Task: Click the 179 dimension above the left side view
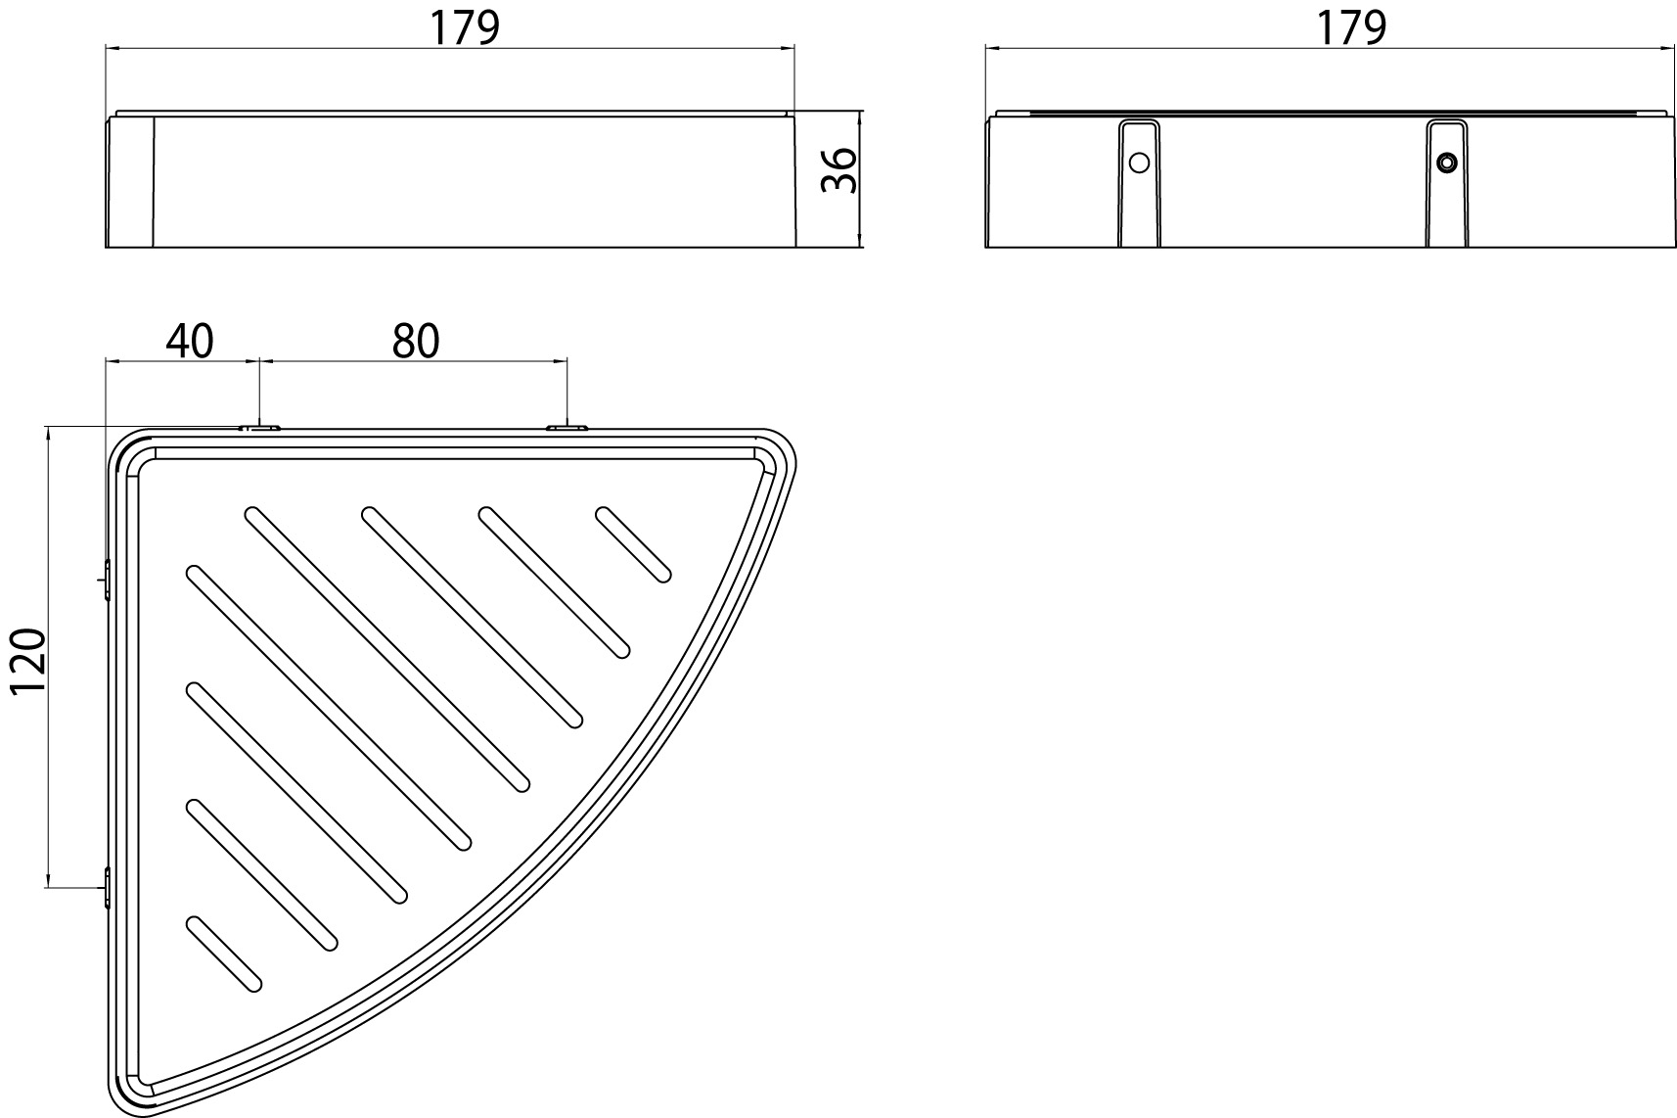464,28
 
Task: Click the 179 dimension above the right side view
1351,28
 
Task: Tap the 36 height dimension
839,171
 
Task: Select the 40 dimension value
190,341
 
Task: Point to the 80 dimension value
416,341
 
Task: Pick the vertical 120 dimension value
29,663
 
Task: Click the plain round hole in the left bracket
1139,163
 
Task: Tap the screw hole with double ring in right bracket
1446,163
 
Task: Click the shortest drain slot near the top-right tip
633,544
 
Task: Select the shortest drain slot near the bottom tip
223,954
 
